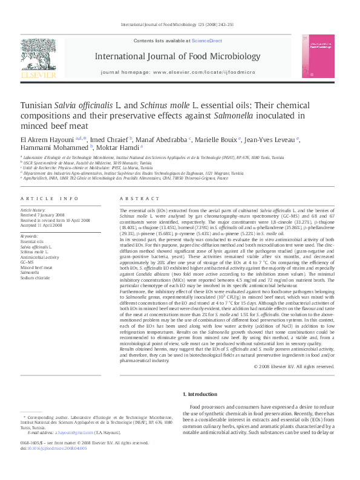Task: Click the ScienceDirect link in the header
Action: coord(207,41)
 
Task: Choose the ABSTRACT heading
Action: coord(136,198)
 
